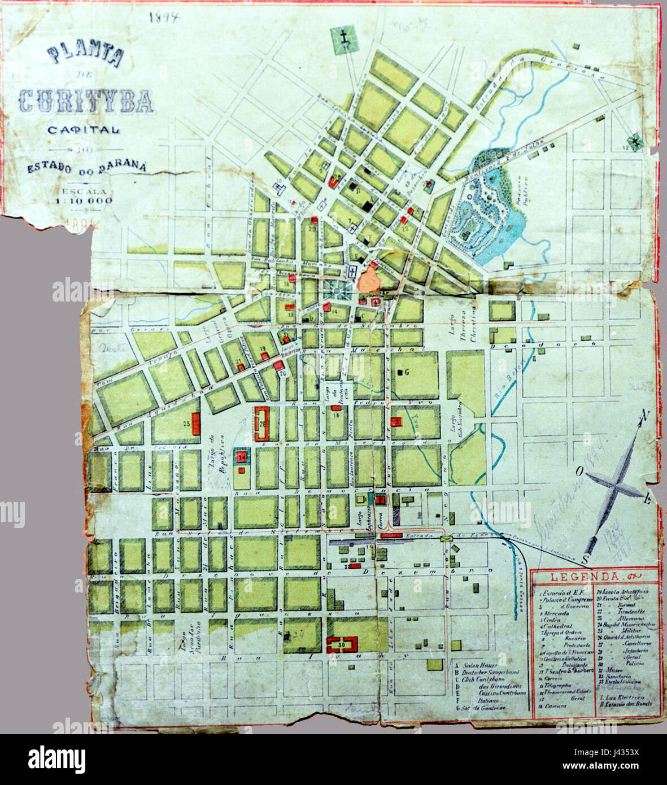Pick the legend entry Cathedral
(558, 626)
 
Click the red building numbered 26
(263, 424)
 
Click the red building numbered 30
(342, 643)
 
